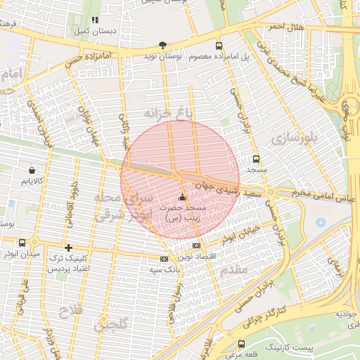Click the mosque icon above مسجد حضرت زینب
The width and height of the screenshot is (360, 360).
click(183, 198)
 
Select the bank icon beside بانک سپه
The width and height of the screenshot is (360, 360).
click(164, 259)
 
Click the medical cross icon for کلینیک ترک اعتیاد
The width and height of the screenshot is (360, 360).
click(68, 247)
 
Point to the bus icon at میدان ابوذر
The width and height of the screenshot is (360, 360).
click(22, 243)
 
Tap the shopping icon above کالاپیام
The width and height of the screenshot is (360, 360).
click(32, 170)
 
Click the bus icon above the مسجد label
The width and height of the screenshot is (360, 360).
click(256, 159)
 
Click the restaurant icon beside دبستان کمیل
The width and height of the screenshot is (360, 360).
click(95, 20)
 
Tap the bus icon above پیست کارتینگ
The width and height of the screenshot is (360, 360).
click(242, 344)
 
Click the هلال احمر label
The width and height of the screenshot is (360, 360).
click(286, 27)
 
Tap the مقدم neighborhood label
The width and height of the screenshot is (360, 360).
click(233, 270)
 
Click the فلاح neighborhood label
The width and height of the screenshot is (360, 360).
click(71, 310)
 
